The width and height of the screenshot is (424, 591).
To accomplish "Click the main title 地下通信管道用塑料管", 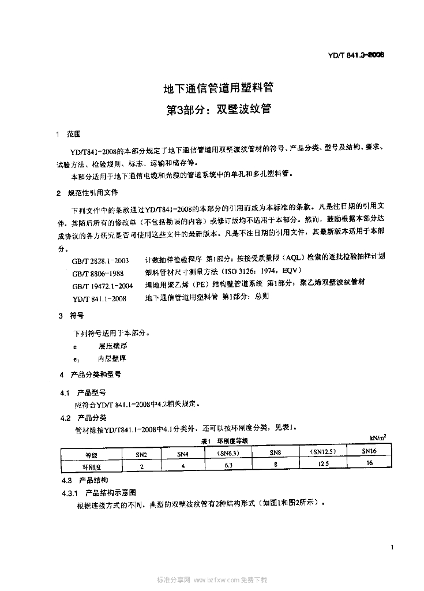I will (218, 89).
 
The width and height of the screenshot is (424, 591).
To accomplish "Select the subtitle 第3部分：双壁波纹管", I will (218, 108).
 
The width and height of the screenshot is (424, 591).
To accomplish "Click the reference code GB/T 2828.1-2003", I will (101, 260).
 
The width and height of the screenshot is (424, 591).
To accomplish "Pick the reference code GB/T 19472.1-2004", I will (103, 286).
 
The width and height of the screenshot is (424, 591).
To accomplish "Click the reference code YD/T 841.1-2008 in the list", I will (100, 298).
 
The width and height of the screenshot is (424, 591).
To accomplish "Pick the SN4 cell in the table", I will (183, 454).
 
